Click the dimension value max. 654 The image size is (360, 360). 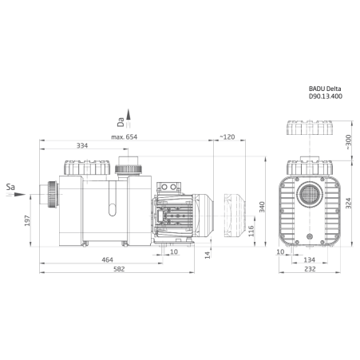[x=124, y=137]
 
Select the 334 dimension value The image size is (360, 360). [x=82, y=145]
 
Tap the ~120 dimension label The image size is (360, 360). [x=227, y=137]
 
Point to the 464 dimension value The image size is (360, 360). [x=107, y=259]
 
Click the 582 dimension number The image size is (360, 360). [x=119, y=269]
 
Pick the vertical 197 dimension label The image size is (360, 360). [x=27, y=220]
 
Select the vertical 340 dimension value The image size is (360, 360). [x=262, y=207]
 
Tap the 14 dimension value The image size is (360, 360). [x=208, y=255]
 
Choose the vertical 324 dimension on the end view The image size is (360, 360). [x=348, y=204]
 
